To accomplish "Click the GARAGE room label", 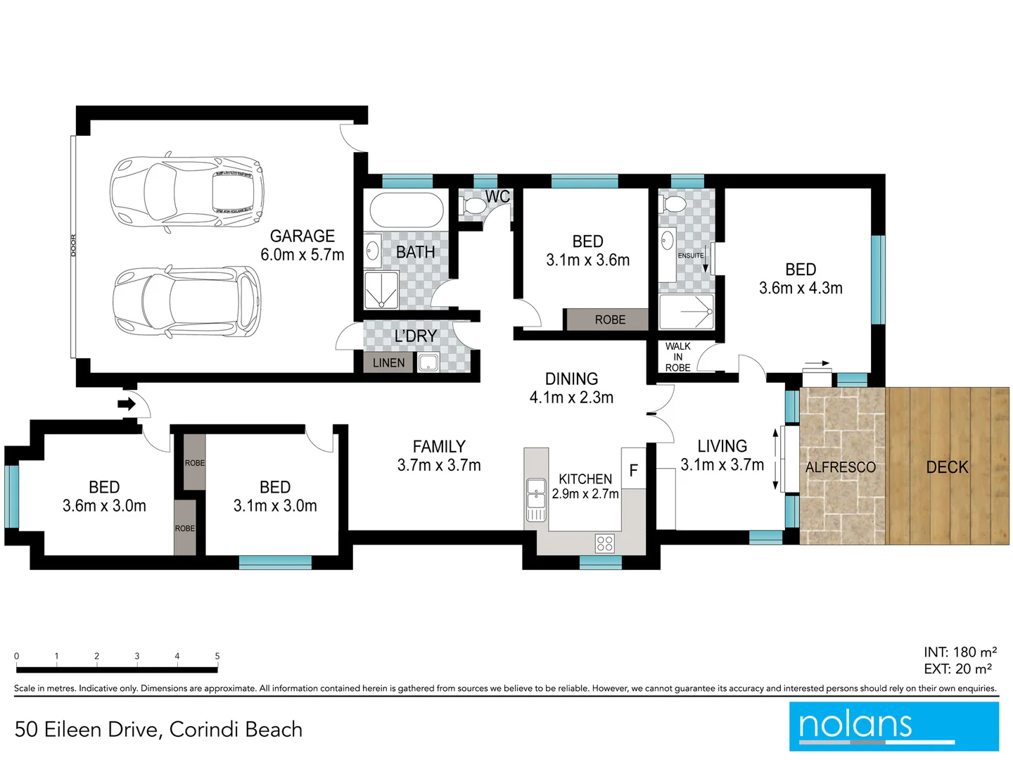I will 302,236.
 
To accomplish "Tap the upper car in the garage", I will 187,191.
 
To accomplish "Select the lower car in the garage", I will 187,300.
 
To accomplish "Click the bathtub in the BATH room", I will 406,210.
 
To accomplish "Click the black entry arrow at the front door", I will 127,404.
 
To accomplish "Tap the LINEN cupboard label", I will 388,362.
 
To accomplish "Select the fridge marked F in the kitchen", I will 633,470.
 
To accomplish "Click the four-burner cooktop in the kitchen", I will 605,543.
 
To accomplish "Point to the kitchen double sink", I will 536,493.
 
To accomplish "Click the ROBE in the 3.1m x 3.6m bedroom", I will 609,319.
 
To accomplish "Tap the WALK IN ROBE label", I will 677,357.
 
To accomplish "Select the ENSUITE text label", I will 690,255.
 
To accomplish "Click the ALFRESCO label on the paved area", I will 840,467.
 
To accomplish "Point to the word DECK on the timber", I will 947,467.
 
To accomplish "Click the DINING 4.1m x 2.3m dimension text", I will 571,398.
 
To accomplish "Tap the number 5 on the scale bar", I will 217,656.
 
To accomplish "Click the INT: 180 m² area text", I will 960,652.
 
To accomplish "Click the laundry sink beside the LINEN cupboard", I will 428,363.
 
